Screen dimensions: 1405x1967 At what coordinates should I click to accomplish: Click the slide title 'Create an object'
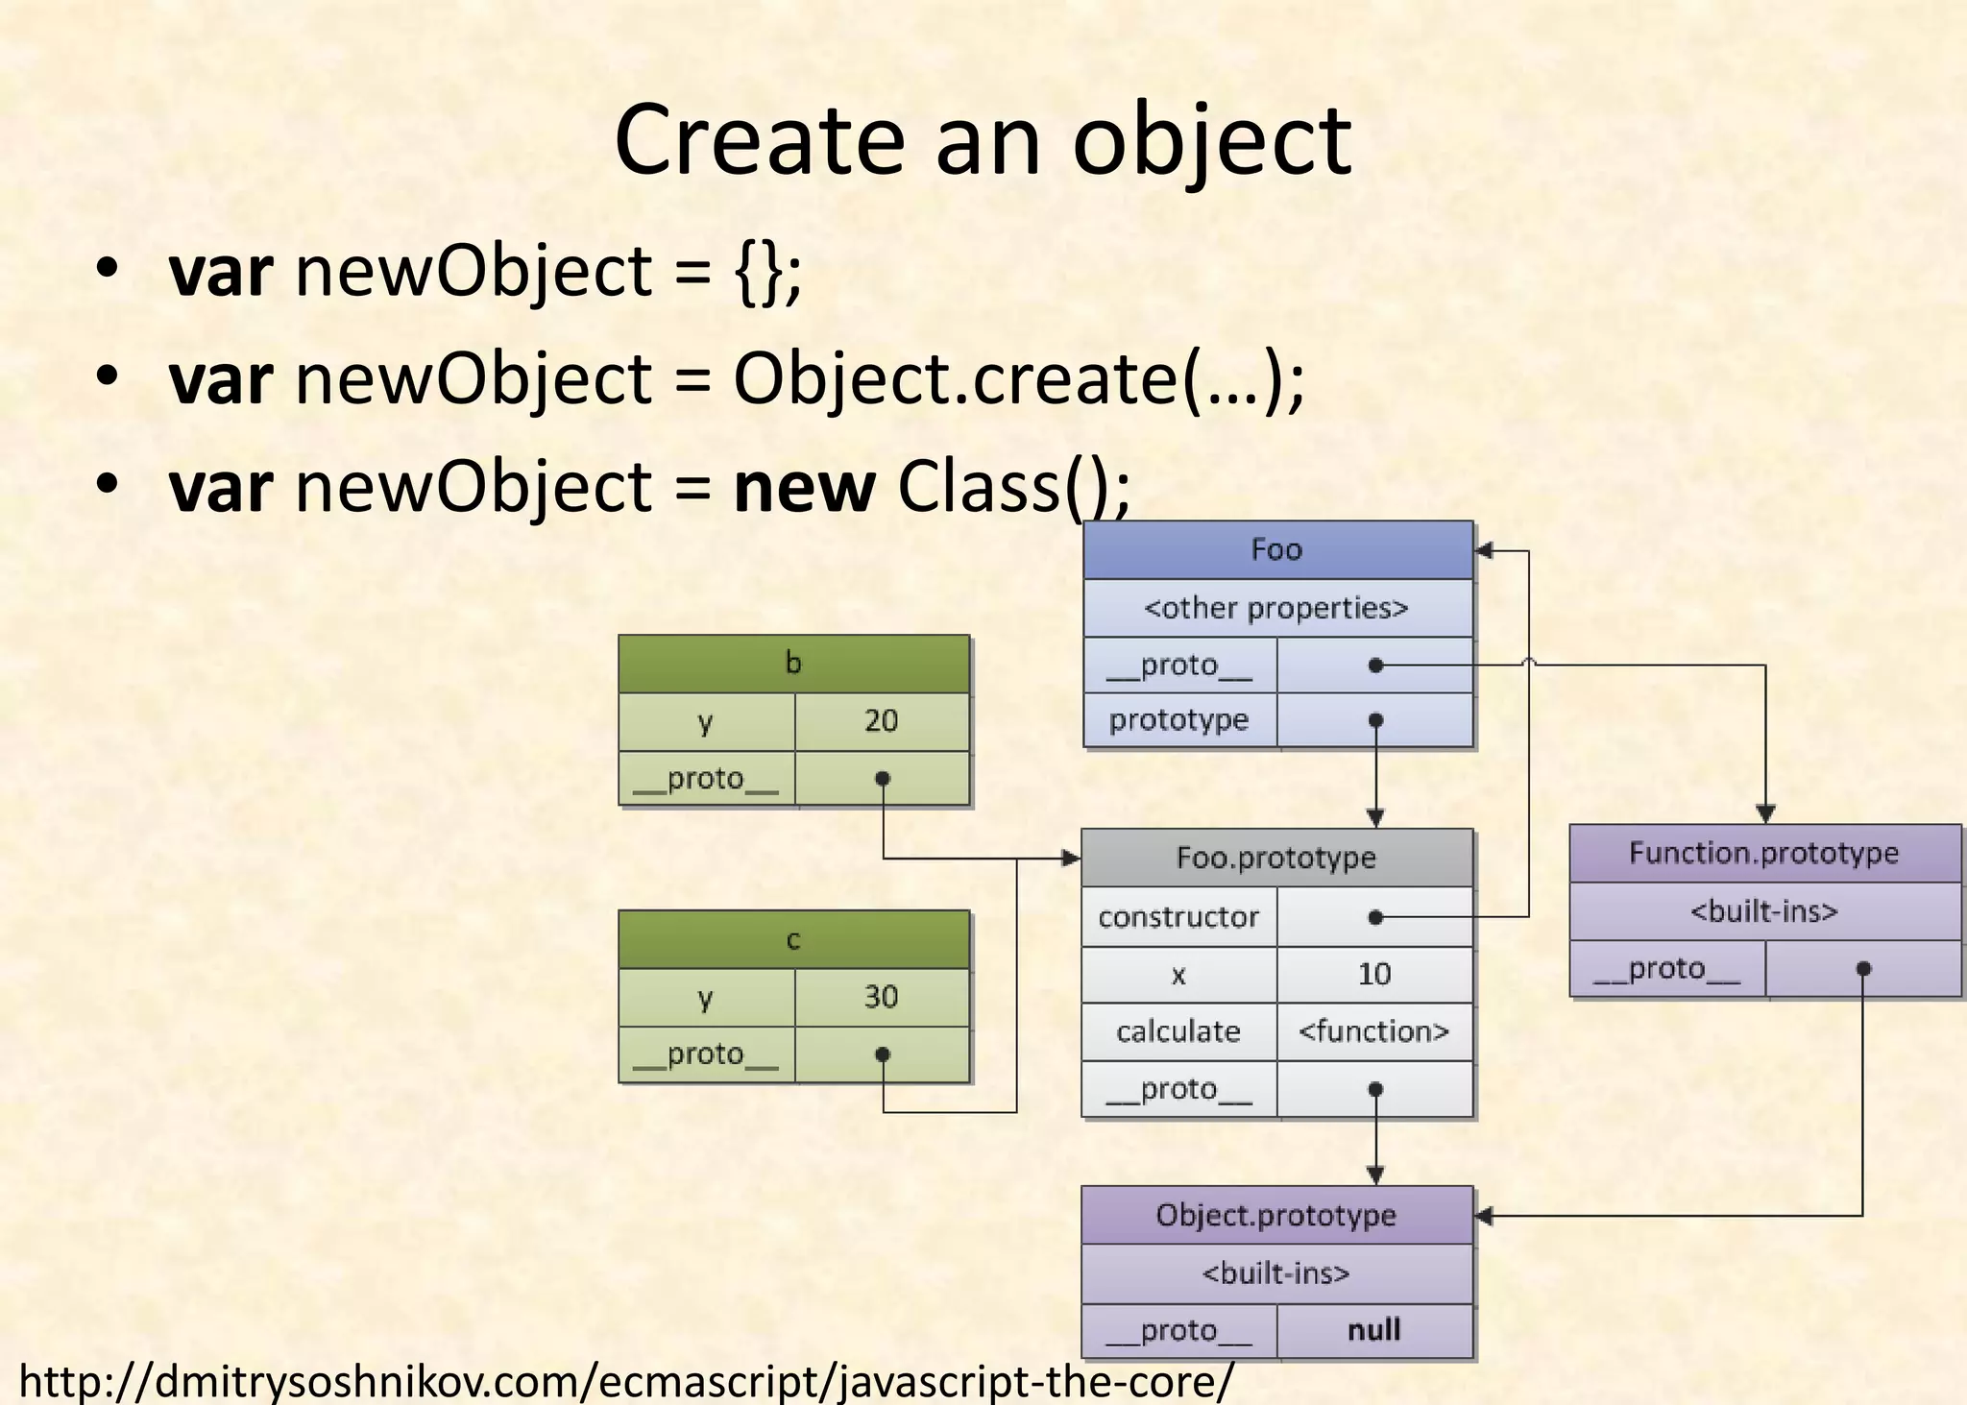tap(983, 141)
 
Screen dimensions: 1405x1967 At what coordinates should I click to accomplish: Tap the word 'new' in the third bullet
tap(804, 488)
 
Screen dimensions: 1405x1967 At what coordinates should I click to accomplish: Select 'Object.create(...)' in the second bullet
tap(1018, 379)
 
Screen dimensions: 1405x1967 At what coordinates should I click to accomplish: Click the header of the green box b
tap(793, 664)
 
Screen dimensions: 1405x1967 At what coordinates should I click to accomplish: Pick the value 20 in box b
tap(881, 721)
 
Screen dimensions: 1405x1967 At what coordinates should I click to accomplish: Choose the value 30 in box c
tap(881, 997)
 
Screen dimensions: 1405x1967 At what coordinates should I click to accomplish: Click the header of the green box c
tap(793, 939)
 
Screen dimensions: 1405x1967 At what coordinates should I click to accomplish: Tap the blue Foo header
tap(1276, 550)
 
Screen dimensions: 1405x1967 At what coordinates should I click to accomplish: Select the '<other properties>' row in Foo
tap(1276, 608)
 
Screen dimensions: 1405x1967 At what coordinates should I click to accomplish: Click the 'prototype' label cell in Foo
tap(1178, 720)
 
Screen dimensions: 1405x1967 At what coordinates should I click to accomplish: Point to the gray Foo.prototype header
tap(1276, 858)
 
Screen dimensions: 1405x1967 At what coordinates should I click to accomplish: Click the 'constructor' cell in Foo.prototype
tap(1178, 917)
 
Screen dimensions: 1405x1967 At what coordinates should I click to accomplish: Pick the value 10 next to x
tap(1374, 975)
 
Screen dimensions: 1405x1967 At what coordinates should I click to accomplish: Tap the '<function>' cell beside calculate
tap(1374, 1031)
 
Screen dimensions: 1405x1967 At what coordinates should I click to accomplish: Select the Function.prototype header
tap(1764, 853)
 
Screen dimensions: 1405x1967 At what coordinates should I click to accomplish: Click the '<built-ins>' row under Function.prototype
tap(1764, 910)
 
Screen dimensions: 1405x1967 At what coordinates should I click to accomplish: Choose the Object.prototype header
tap(1276, 1215)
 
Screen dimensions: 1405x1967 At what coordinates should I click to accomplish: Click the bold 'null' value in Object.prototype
tap(1374, 1330)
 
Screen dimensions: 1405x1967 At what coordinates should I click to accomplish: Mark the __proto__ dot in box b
tap(883, 778)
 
